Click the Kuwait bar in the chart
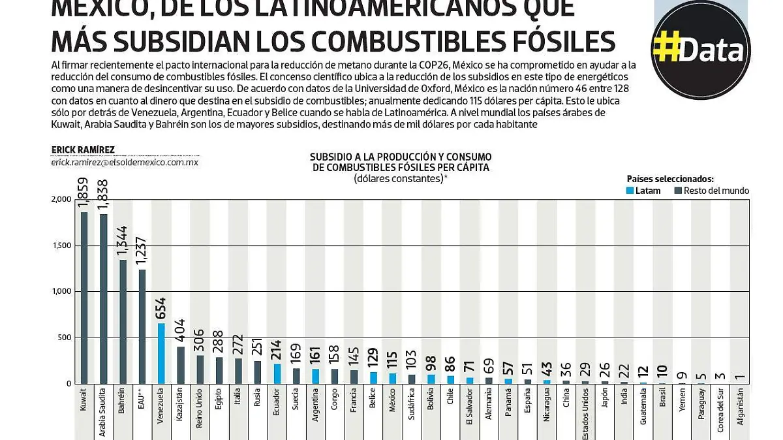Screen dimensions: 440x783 tap(84, 298)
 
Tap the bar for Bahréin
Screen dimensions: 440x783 tap(122, 321)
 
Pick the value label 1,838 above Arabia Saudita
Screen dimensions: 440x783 tap(103, 195)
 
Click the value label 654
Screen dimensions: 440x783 tap(161, 307)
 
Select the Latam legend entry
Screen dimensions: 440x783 tap(643, 191)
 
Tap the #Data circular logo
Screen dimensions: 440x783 tap(701, 50)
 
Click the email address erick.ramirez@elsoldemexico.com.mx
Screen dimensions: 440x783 tap(125, 162)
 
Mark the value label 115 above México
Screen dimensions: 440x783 tap(392, 360)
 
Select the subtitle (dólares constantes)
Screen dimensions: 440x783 tap(400, 178)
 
